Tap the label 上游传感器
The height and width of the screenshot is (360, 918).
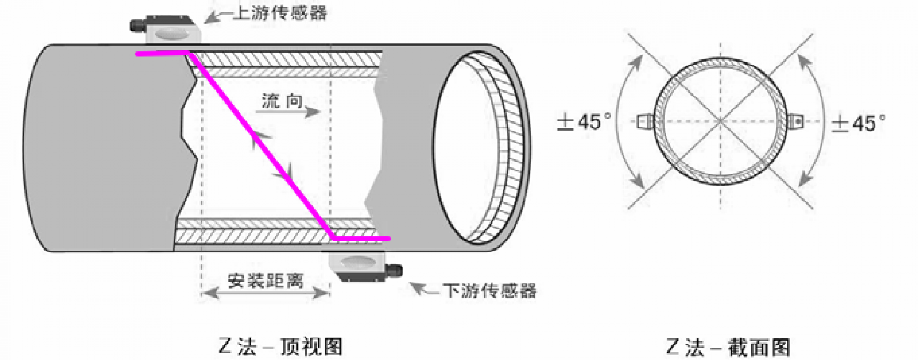coord(280,13)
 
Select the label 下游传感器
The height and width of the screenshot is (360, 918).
coord(490,291)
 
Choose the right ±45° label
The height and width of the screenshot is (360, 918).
coord(859,123)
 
